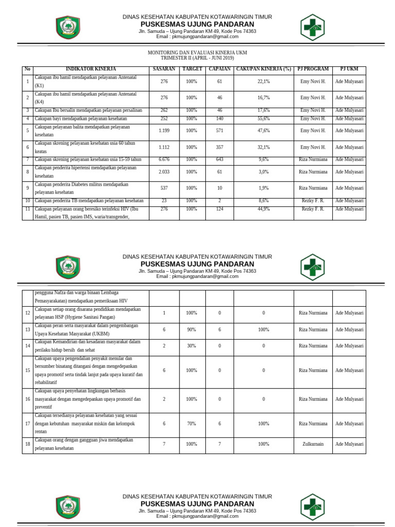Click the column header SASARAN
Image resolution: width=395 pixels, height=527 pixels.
click(164, 69)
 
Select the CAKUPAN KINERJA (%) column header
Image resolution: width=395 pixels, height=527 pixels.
click(263, 69)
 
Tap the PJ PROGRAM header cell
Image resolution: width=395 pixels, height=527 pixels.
click(313, 69)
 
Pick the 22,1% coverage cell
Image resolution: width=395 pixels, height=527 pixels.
click(263, 81)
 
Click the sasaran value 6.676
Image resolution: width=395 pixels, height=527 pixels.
click(164, 160)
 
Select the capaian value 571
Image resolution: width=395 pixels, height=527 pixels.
click(220, 131)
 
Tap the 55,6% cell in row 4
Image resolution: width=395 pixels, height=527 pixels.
click(263, 118)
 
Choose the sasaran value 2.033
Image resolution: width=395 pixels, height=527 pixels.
click(164, 172)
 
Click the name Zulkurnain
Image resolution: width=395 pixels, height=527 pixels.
click(313, 444)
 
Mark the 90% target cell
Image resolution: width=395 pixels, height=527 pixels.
click(191, 329)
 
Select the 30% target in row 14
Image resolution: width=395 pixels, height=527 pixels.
click(191, 346)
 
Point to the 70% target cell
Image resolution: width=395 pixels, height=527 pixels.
click(191, 424)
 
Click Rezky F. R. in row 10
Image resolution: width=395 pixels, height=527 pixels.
click(313, 201)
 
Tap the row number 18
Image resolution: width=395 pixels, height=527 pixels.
click(28, 444)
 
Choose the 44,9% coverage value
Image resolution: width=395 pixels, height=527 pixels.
click(263, 209)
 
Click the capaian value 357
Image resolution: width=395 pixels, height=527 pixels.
click(220, 147)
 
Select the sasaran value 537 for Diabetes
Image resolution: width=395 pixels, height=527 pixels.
click(164, 188)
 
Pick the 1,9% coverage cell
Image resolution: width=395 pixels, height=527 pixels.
click(263, 188)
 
